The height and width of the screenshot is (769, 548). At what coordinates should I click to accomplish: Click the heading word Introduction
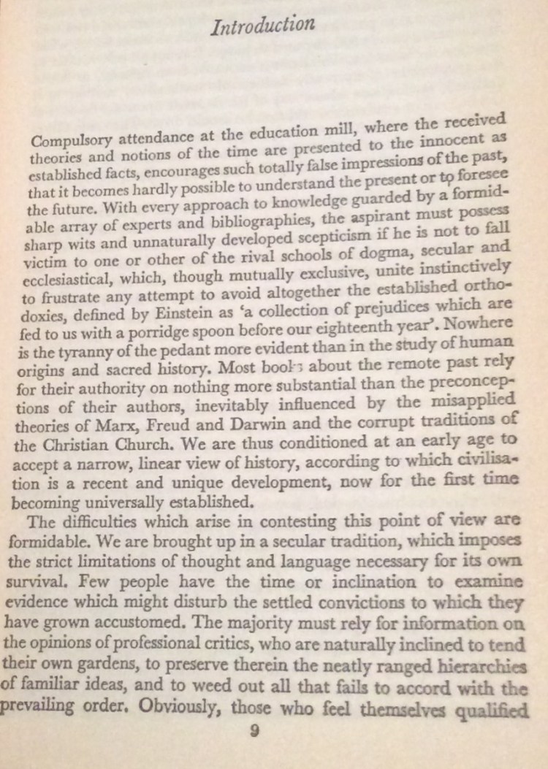tap(261, 26)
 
